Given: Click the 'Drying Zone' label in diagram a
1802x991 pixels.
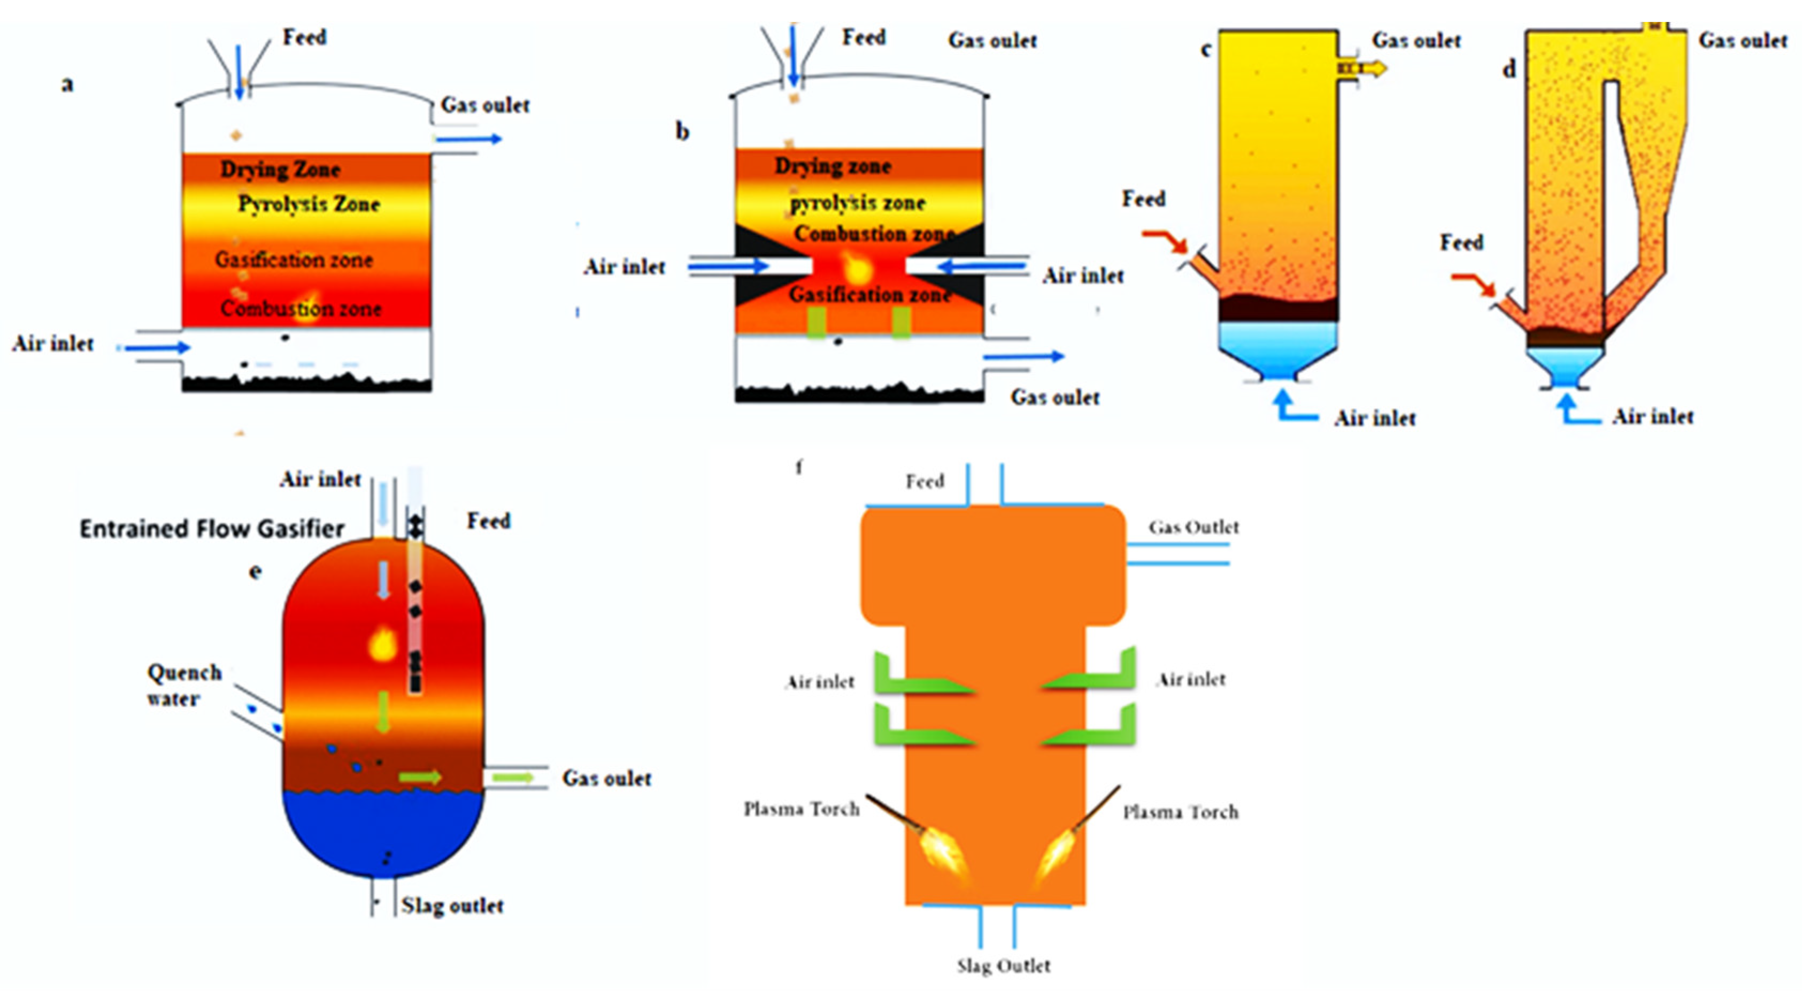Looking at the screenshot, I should click(x=280, y=170).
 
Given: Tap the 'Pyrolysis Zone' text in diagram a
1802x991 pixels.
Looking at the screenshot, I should click(x=309, y=204).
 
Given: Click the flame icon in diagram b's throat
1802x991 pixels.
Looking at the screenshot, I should click(x=855, y=268).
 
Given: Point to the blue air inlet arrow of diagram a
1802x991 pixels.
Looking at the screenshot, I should click(x=157, y=347).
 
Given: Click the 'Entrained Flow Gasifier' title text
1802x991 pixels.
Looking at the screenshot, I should click(x=211, y=529).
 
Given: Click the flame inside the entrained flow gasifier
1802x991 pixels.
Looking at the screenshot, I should click(x=383, y=643).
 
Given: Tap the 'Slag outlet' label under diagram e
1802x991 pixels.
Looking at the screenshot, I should click(x=452, y=905).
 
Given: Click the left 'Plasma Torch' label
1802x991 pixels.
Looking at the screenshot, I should click(x=801, y=810).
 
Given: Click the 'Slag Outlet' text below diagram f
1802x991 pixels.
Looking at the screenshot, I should click(x=1003, y=966).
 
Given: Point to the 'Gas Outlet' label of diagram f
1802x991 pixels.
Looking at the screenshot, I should click(x=1193, y=527).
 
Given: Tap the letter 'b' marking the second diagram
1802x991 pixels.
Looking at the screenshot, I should click(x=682, y=132).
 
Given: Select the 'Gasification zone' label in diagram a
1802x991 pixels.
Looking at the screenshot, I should click(x=293, y=260).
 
